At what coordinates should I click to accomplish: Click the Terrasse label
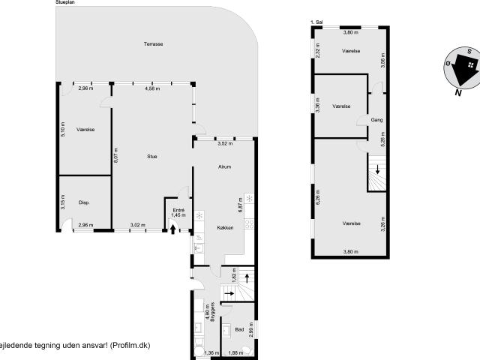[154, 44]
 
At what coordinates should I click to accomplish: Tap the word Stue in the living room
[151, 156]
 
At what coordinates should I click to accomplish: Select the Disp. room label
[85, 202]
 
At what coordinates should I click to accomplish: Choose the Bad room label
[239, 329]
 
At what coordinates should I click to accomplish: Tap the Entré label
[178, 210]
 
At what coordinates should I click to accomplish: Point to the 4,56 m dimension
[152, 88]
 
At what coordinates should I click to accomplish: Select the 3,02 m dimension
[136, 225]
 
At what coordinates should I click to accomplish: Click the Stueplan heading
[65, 3]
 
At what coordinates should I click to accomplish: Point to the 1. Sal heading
[316, 23]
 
